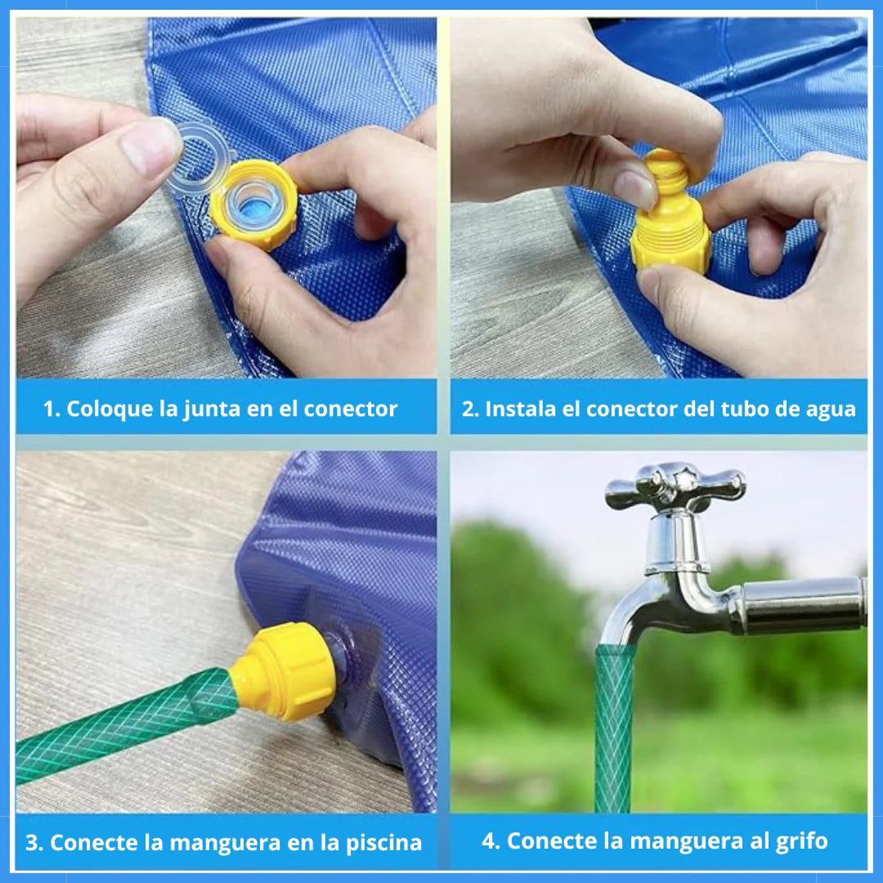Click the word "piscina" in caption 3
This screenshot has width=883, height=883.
click(383, 843)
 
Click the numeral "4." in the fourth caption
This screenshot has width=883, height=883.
click(491, 841)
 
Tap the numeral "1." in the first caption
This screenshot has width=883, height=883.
click(52, 410)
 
